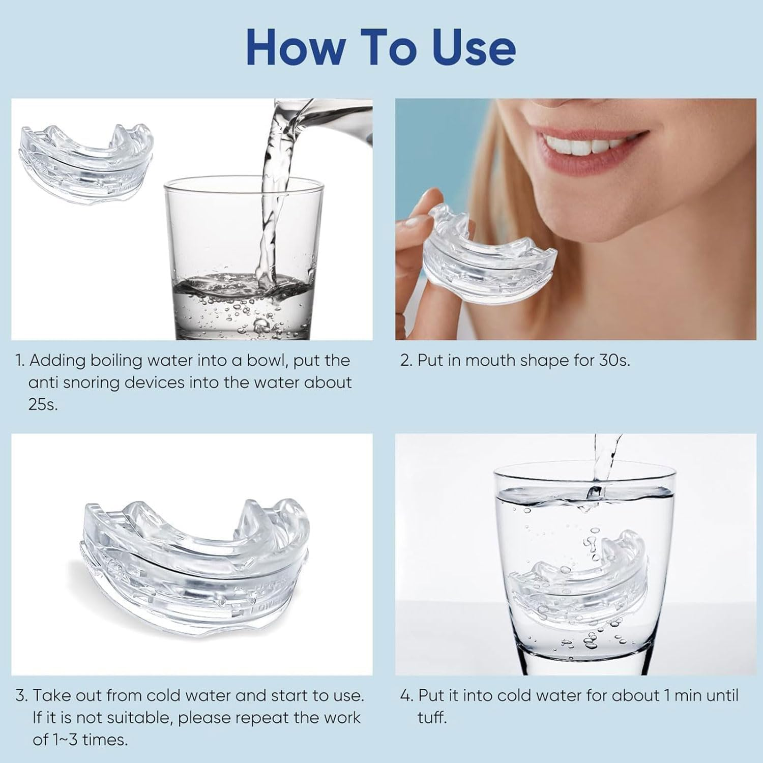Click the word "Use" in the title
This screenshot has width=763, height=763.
tap(474, 47)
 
